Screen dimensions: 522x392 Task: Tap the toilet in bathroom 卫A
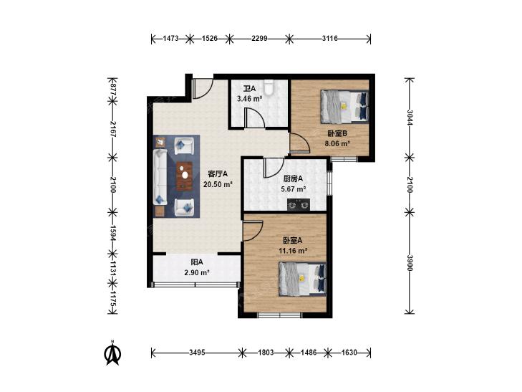269,87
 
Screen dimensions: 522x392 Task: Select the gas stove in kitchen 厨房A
299,204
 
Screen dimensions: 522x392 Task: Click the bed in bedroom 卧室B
344,107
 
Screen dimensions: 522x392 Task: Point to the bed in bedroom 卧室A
303,279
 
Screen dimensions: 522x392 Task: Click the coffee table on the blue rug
185,176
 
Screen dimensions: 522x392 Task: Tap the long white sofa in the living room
160,176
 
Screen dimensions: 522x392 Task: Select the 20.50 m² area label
218,184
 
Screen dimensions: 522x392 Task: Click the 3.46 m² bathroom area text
249,99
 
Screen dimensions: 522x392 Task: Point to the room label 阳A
197,262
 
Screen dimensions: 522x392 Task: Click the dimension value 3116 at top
329,39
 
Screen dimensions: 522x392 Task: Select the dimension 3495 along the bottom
197,353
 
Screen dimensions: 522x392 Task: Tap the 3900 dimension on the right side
410,263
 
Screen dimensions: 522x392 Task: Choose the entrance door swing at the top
203,89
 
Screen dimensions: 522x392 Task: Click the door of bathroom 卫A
255,118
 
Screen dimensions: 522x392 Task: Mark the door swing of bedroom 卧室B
299,143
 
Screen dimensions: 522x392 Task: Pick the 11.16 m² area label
293,250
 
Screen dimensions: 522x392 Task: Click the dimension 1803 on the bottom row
266,353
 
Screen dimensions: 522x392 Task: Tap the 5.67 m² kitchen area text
294,189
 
